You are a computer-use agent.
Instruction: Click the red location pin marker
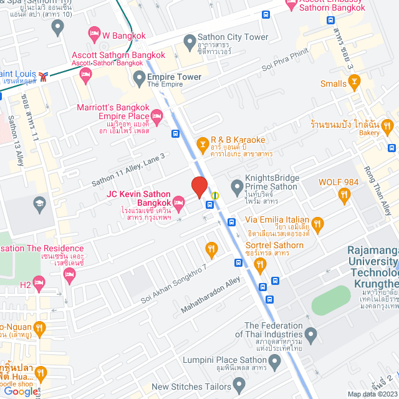coord(199,186)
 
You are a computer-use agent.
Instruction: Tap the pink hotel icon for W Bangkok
coord(95,32)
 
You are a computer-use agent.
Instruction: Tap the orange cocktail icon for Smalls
coord(354,80)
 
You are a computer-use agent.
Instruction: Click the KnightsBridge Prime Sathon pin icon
coord(237,186)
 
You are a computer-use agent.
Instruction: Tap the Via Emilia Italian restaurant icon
coord(317,224)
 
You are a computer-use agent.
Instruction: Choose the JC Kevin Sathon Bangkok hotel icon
coord(179,201)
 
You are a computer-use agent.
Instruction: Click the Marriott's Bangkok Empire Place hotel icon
coord(157,115)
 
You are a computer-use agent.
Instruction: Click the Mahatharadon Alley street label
coord(210,296)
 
